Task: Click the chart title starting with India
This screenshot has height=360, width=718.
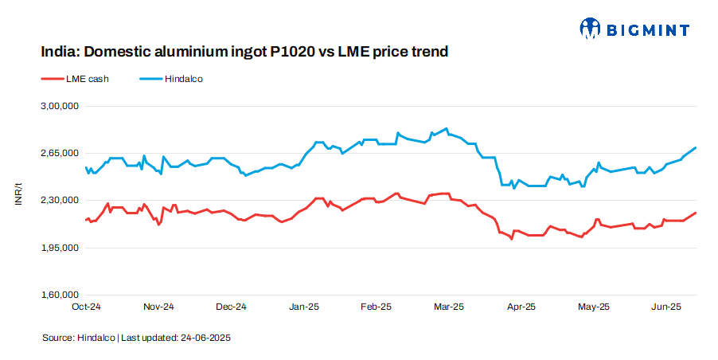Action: [244, 52]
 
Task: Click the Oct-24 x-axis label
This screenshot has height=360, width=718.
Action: [86, 307]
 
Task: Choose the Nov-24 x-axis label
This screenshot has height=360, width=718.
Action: [158, 307]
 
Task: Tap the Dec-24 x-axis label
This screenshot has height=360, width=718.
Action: [231, 307]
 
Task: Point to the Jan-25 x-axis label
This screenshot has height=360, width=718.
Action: [303, 307]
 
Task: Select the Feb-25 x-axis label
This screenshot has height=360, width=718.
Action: [376, 307]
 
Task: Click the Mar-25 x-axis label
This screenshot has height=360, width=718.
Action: [448, 307]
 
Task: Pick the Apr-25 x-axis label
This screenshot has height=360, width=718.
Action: [521, 307]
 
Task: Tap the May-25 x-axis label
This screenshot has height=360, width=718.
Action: [593, 307]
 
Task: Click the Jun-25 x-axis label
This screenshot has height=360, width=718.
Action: [665, 307]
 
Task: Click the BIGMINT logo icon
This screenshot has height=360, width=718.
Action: [590, 29]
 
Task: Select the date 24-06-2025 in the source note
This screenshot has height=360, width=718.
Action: [205, 338]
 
